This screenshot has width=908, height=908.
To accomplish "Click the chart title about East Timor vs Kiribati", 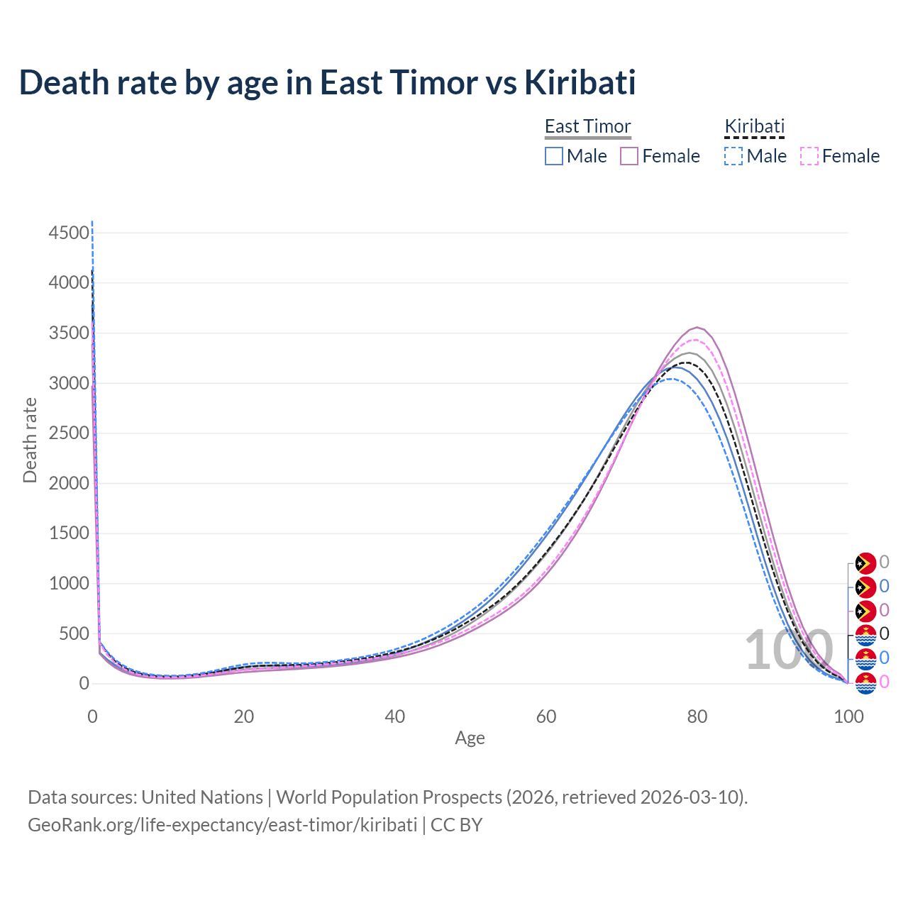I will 327,82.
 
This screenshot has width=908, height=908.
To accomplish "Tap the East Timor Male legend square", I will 554,156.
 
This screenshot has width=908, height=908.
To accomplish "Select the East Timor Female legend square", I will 629,156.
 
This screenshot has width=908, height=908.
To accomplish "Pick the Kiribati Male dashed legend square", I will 733,156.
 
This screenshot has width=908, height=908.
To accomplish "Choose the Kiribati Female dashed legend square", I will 809,156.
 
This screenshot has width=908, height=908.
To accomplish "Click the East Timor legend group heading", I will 587,126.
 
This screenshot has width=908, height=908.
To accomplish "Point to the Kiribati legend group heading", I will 754,126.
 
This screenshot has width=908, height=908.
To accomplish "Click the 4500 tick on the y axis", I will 70,233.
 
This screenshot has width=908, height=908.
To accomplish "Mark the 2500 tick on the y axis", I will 70,433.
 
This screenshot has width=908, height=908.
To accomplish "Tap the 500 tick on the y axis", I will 74,634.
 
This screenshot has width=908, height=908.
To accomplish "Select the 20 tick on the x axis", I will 244,716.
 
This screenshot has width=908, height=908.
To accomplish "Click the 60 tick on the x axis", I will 546,716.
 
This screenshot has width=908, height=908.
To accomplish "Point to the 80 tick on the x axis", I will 697,716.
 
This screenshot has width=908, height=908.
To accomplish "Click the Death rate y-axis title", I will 30,441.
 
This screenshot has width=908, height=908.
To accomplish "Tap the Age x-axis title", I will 470,738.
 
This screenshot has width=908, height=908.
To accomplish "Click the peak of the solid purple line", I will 698,328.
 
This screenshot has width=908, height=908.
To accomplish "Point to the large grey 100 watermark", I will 788,650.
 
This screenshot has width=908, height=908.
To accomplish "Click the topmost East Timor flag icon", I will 865,563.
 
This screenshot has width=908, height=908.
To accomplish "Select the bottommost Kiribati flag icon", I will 865,682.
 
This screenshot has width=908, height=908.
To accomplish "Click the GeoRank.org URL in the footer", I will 222,825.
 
